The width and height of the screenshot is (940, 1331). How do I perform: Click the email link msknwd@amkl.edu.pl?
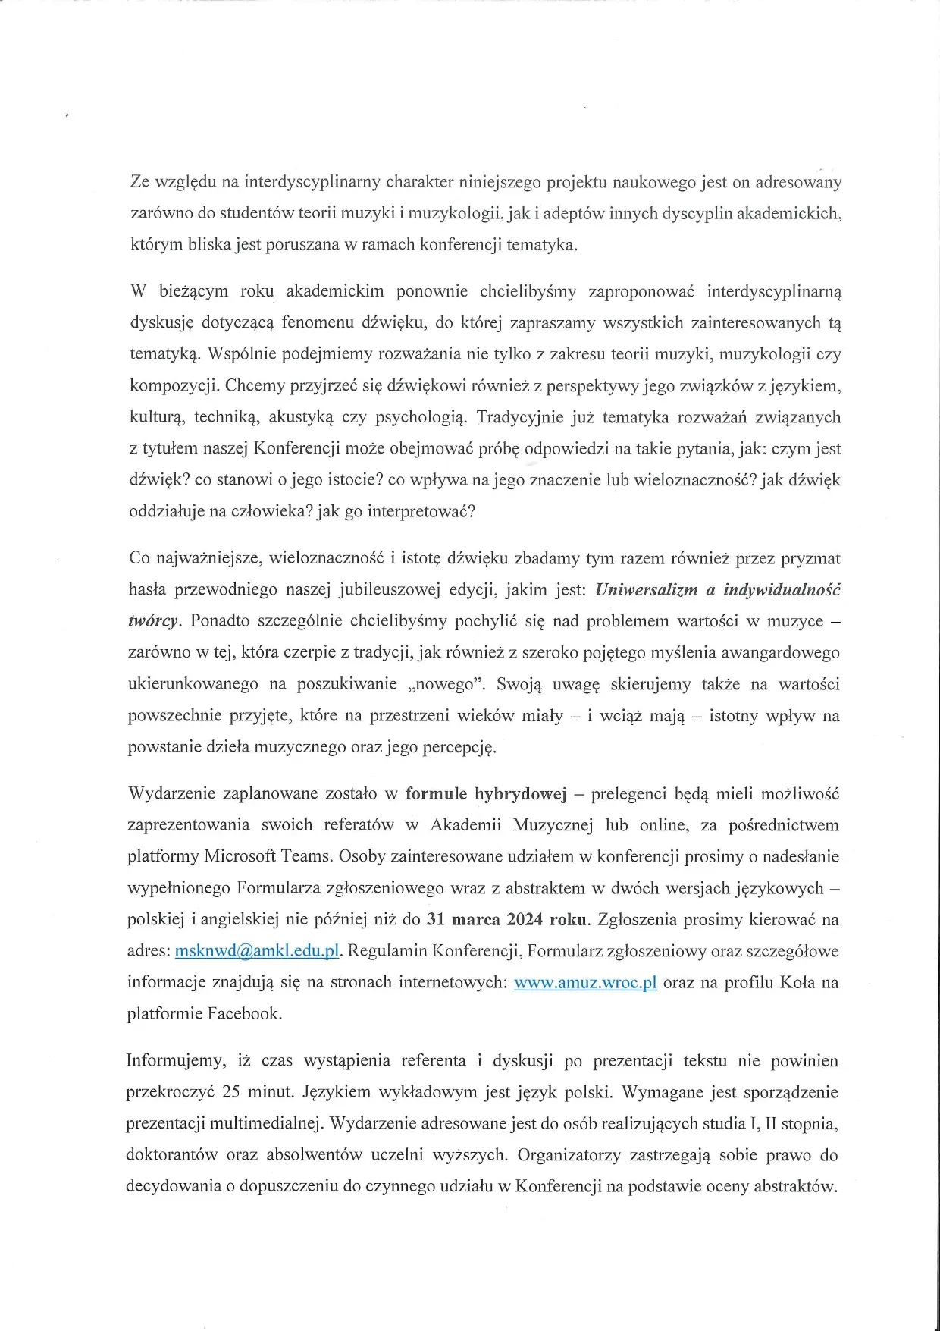(x=256, y=951)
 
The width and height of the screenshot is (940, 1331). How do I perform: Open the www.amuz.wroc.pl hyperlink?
(x=585, y=982)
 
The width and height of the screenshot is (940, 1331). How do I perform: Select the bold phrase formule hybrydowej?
(x=486, y=794)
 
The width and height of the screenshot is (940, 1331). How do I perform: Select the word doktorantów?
(x=171, y=1155)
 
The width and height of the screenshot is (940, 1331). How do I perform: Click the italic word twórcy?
(x=154, y=621)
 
